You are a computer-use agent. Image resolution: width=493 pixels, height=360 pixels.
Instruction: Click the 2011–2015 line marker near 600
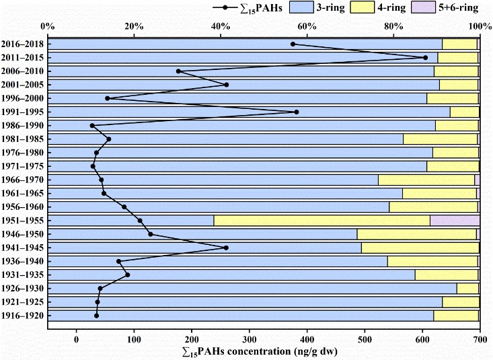[x=425, y=58]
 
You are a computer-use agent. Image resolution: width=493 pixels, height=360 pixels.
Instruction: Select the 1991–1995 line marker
[x=297, y=112]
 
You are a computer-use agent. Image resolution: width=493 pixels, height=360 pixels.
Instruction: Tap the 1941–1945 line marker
[x=226, y=248]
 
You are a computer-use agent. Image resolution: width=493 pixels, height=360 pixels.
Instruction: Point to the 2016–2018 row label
[x=22, y=44]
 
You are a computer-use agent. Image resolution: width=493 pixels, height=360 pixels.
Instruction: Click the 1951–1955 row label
[x=22, y=221]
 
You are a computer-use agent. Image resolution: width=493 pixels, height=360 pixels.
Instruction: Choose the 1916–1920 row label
[x=22, y=316]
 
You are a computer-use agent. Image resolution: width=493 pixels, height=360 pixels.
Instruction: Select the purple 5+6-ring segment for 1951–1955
[x=455, y=221]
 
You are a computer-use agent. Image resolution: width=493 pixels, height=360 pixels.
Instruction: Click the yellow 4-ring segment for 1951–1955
[x=321, y=221]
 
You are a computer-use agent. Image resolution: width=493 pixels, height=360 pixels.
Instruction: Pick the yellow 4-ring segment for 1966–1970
[x=426, y=180]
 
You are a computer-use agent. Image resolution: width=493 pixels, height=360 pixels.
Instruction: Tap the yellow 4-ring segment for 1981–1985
[x=440, y=139]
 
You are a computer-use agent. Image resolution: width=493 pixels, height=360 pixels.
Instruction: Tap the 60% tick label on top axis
[x=307, y=26]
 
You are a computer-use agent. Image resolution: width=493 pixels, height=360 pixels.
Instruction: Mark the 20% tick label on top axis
[x=135, y=26]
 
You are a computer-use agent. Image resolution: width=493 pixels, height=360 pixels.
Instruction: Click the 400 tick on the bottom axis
[x=307, y=338]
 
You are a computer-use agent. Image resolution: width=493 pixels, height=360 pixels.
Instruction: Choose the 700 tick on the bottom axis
[x=480, y=338]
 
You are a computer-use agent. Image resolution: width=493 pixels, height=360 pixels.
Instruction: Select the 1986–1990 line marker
[x=92, y=126]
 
